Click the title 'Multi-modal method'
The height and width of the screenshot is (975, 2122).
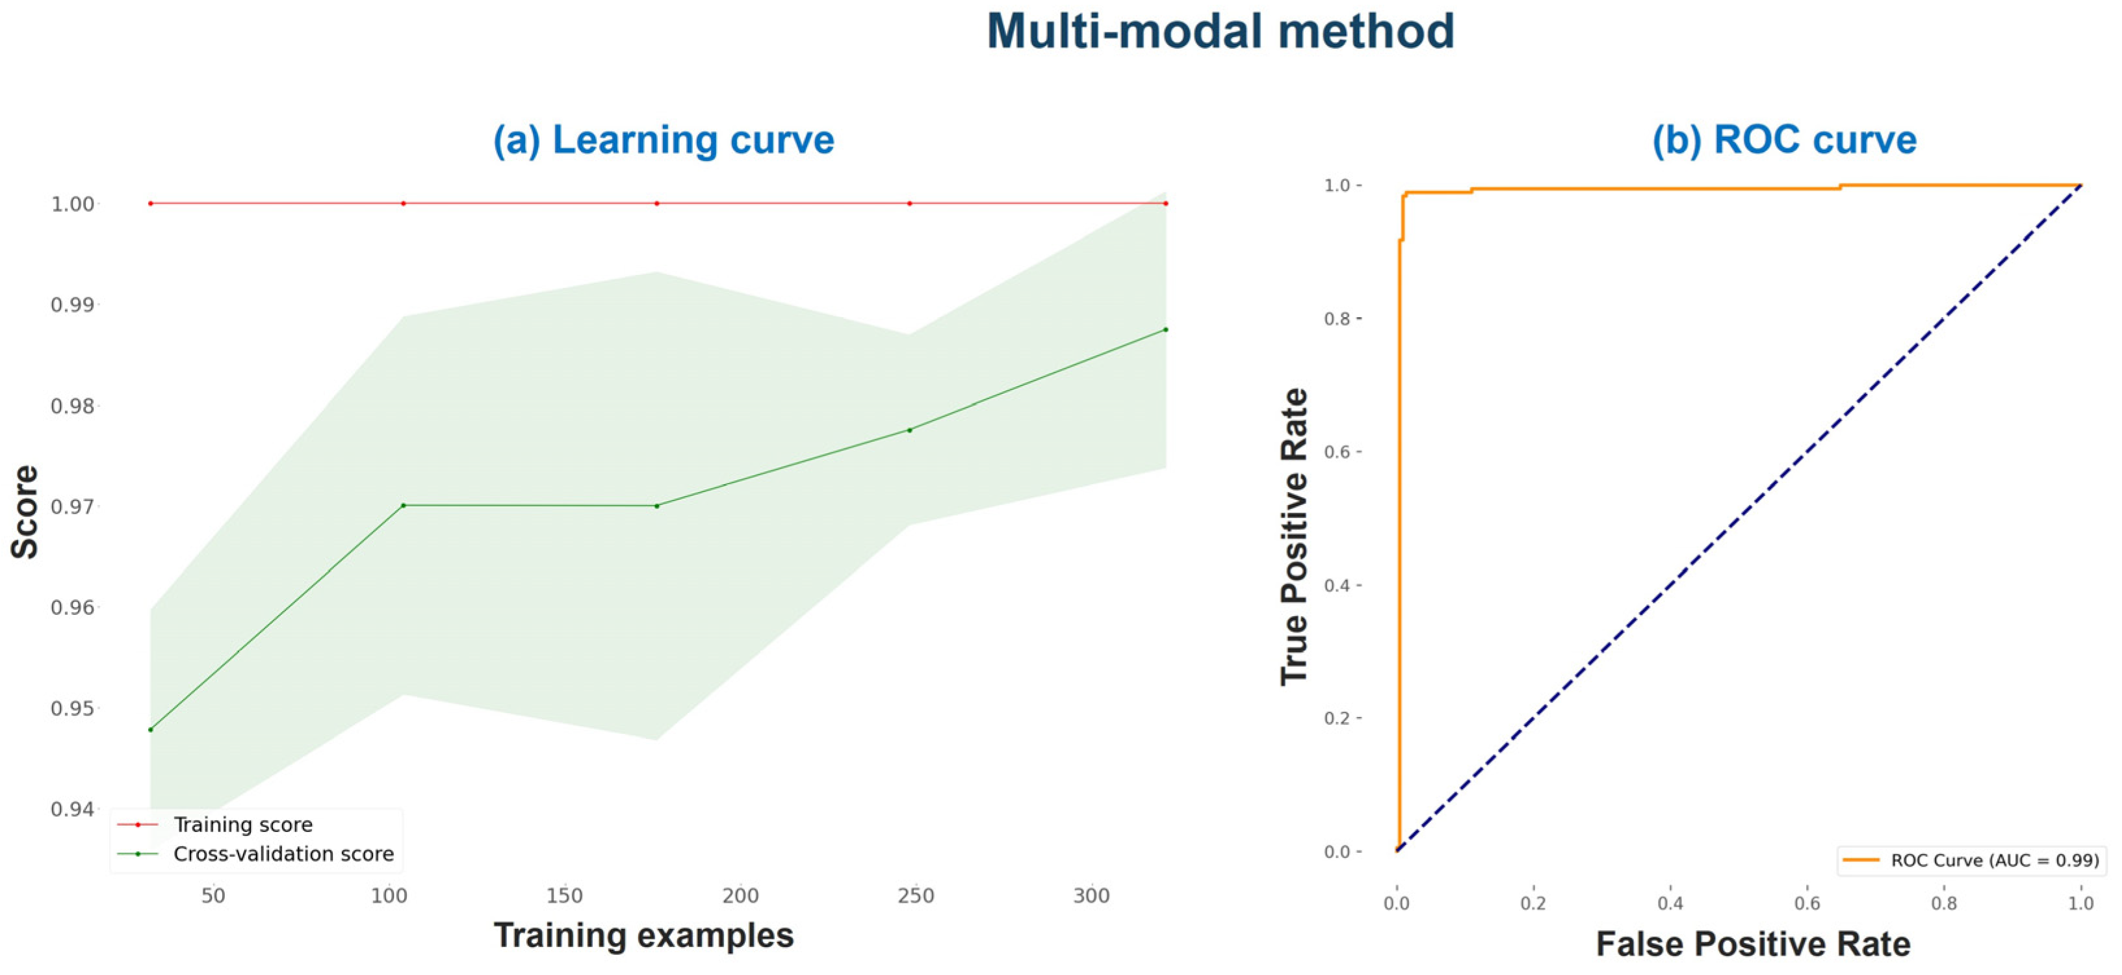pos(1220,32)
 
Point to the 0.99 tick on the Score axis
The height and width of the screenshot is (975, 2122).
pos(73,305)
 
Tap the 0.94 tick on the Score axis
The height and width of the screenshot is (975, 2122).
pos(73,809)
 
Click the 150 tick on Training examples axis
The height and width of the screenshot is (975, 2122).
pos(564,896)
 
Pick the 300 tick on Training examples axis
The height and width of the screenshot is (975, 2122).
pos(1091,896)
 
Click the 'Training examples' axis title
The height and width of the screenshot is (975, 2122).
pos(643,935)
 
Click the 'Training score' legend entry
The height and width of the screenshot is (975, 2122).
pos(243,825)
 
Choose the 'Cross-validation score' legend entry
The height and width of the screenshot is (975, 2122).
pos(283,854)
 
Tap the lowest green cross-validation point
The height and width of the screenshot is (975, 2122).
pos(151,729)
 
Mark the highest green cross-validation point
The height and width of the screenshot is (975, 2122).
pos(1165,330)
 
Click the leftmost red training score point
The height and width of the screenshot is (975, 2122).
pos(151,203)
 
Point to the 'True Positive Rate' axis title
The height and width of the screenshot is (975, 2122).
pos(1294,536)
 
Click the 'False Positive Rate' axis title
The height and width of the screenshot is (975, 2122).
pos(1753,944)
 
